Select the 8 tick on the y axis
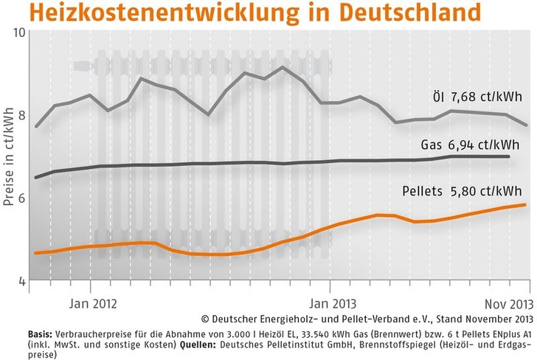[x=22, y=115]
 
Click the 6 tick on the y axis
[x=22, y=198]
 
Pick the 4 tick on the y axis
[x=22, y=281]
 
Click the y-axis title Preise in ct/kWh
[x=8, y=157]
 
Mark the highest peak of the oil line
[x=283, y=67]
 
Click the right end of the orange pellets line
[x=524, y=205]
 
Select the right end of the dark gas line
[x=509, y=156]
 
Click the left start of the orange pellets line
[x=35, y=253]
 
